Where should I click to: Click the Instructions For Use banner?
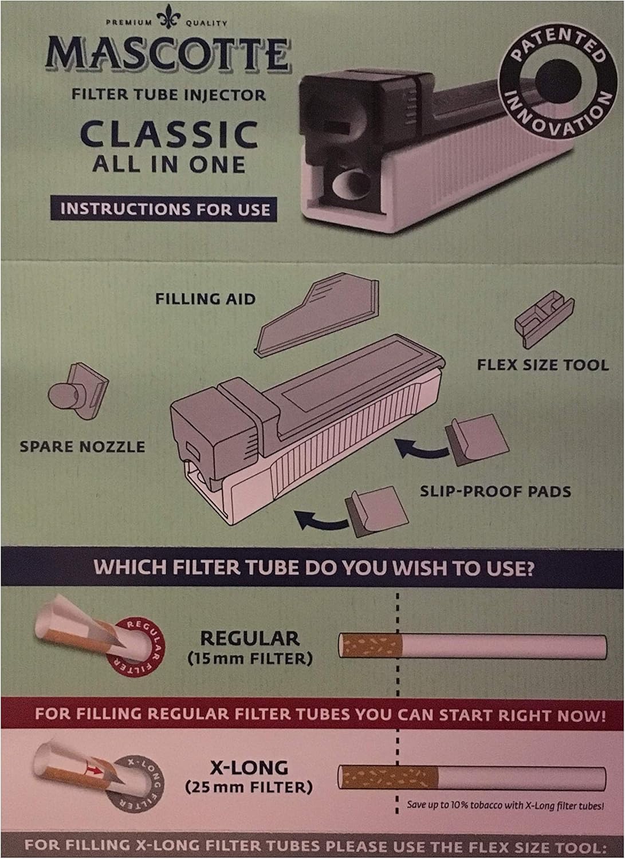click(x=166, y=208)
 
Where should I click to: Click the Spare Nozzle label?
click(x=82, y=446)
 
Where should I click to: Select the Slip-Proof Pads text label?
click(x=496, y=490)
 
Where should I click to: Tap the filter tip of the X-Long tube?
click(x=388, y=777)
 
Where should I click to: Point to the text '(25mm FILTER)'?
click(x=249, y=787)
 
